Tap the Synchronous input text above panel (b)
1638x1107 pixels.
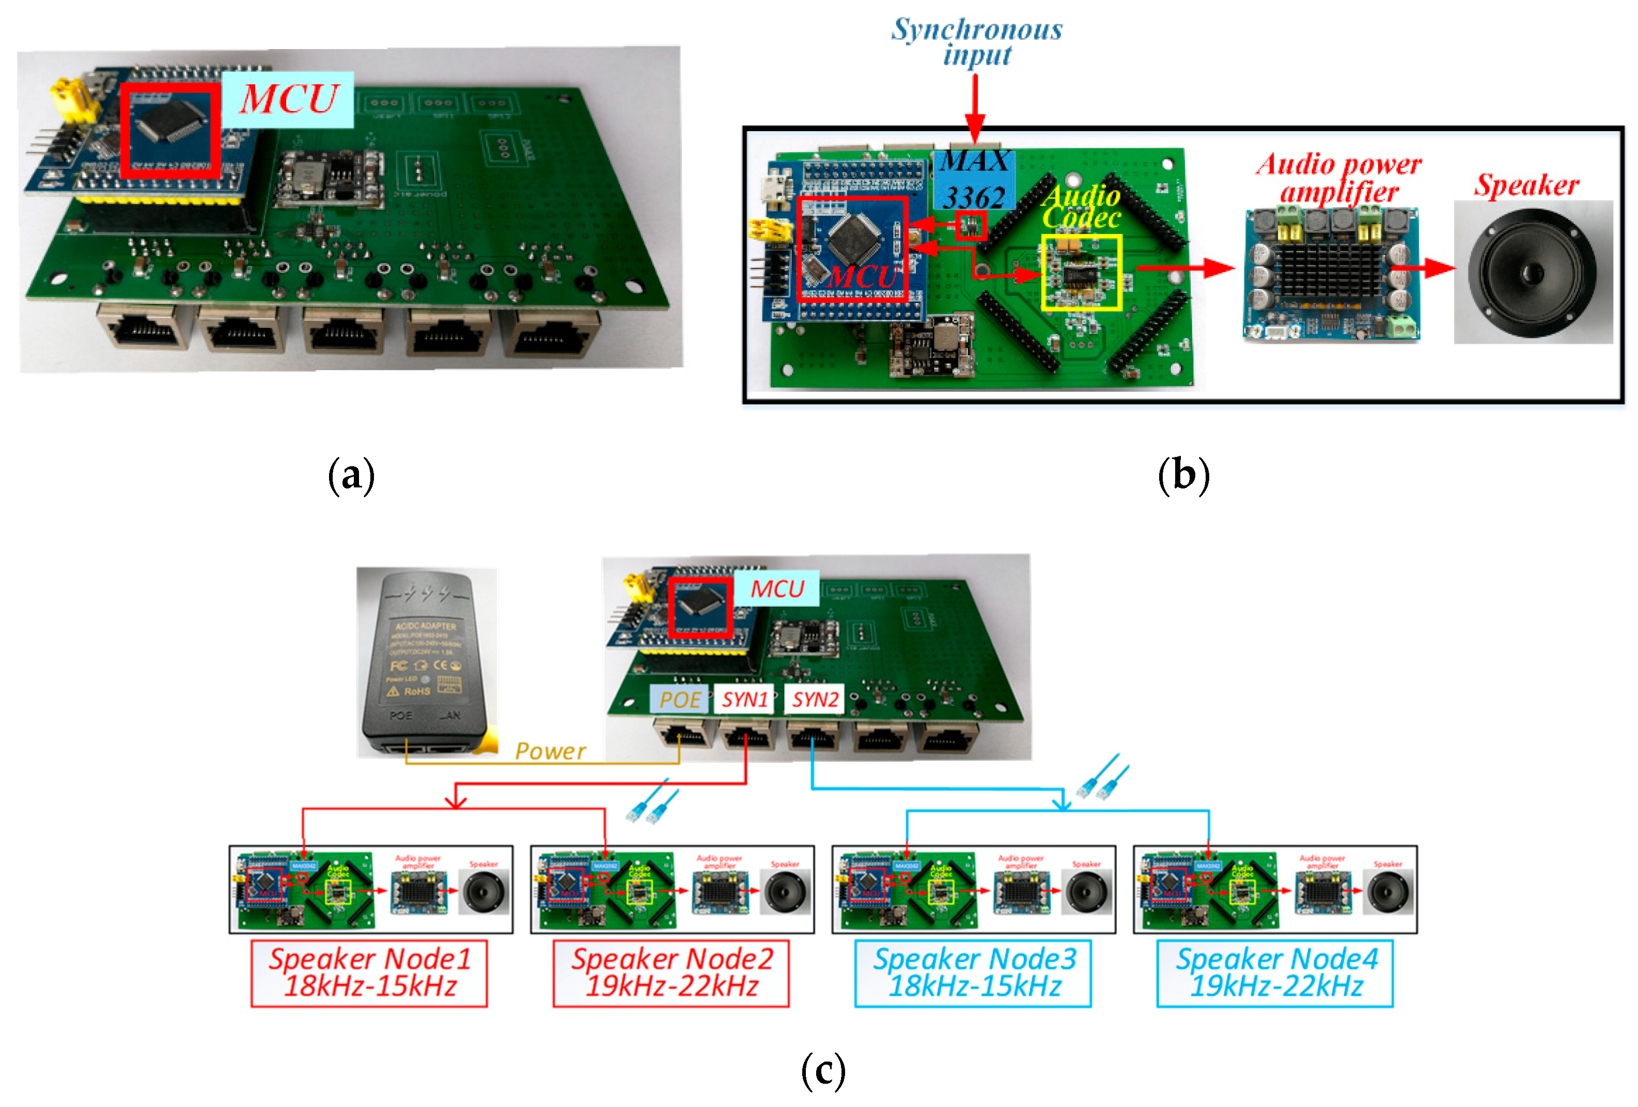click(x=976, y=42)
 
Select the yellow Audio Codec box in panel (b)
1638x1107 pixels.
click(x=1081, y=273)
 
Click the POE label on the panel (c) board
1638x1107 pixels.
click(x=679, y=699)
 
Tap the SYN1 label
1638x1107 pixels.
click(x=744, y=699)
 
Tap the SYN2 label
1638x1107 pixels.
click(x=814, y=699)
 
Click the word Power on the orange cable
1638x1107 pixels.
click(x=550, y=751)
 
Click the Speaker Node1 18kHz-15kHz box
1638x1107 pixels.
click(x=369, y=972)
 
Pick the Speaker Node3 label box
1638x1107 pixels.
click(x=973, y=972)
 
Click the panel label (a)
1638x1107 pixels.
click(x=351, y=475)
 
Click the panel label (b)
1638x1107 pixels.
click(x=1183, y=475)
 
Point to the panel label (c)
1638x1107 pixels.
click(x=823, y=1070)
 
